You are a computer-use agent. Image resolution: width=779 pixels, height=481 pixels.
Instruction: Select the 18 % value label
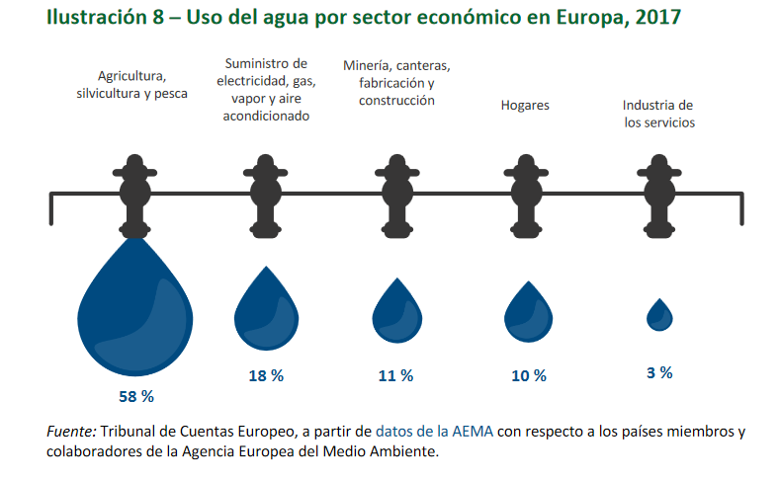pos(265,375)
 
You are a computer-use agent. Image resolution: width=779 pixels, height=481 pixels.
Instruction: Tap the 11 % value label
pos(395,375)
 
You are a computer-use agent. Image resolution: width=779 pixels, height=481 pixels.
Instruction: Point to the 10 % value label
pos(528,375)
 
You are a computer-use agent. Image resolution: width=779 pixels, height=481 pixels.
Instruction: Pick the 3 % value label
pos(659,372)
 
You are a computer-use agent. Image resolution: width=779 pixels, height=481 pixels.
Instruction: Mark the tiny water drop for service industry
pos(659,315)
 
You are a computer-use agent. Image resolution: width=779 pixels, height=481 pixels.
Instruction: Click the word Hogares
pos(524,105)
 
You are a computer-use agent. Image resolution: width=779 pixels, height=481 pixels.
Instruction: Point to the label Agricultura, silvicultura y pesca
pos(138,85)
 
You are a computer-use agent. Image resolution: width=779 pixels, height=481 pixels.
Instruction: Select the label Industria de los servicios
pos(658,115)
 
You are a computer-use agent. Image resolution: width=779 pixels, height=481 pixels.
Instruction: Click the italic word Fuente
pos(69,431)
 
